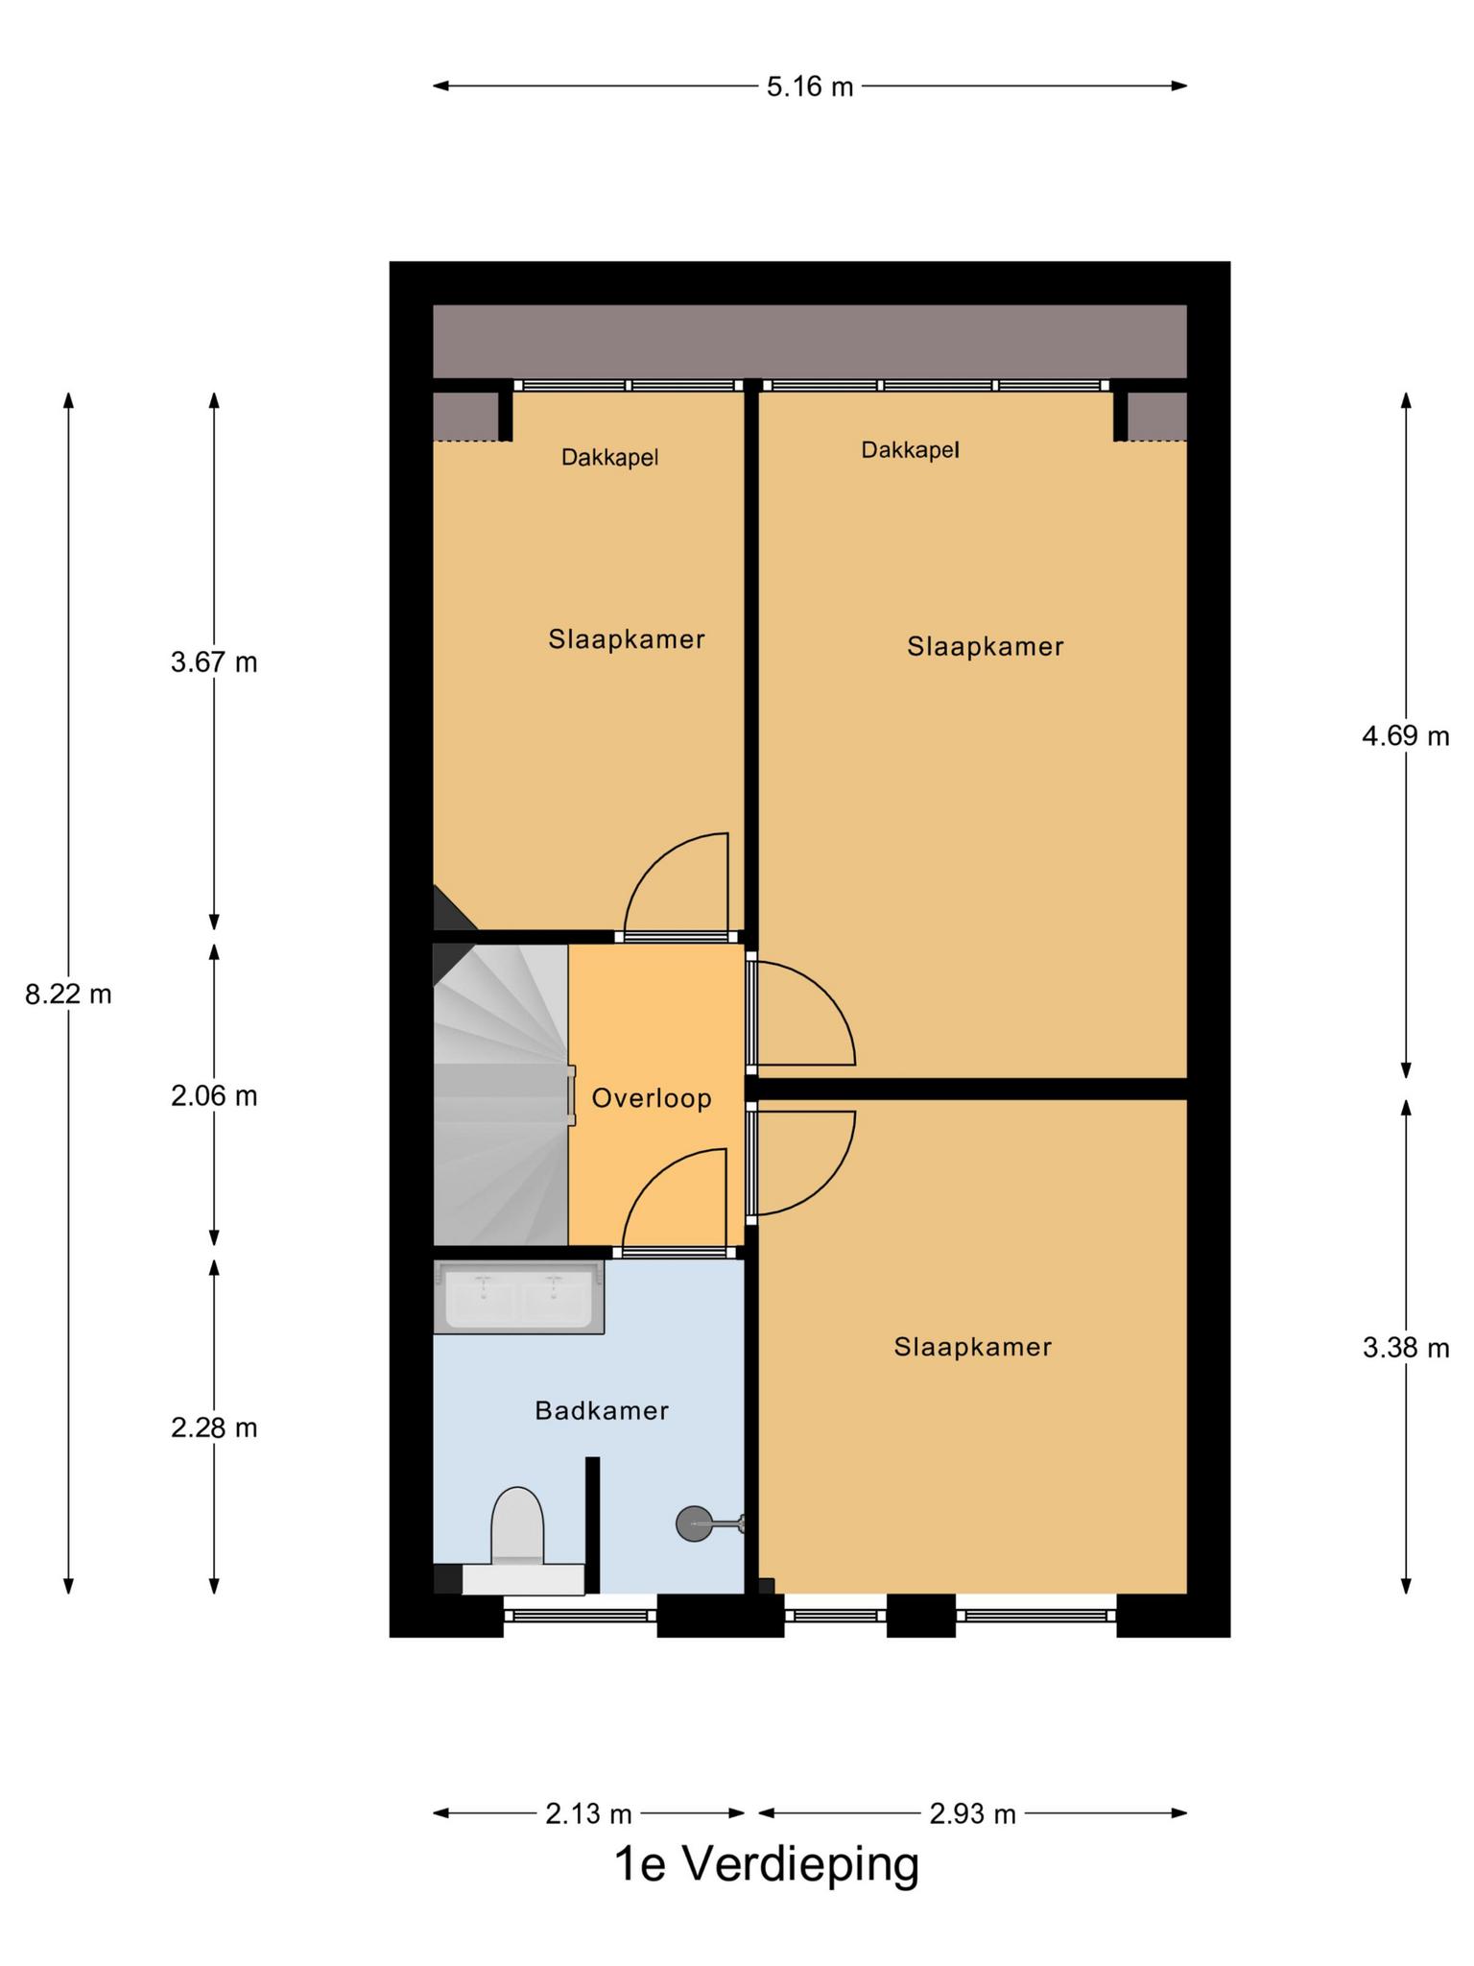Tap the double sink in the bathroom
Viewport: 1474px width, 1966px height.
point(519,1298)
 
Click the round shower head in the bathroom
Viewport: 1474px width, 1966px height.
point(693,1523)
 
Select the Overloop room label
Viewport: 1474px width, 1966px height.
point(652,1098)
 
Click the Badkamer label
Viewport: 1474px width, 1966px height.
point(602,1410)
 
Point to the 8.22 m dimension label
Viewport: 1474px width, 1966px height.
point(68,995)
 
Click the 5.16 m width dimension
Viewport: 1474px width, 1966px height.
point(810,87)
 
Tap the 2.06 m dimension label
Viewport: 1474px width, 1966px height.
point(214,1095)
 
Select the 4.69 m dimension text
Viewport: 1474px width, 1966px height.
point(1406,736)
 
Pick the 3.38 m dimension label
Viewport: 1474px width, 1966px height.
point(1406,1348)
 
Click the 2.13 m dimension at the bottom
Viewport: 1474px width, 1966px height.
point(588,1813)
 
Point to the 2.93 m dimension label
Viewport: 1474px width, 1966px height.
point(972,1813)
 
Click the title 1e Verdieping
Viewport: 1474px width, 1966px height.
point(767,1864)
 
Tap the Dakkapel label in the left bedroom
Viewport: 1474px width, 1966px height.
point(610,458)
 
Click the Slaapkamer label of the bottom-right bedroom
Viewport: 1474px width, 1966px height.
point(973,1347)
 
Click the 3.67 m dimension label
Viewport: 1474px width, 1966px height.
point(214,662)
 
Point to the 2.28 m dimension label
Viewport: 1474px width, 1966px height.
point(214,1427)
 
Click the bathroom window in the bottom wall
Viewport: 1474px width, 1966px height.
point(581,1615)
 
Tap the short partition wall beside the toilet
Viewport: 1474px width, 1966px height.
point(593,1525)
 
